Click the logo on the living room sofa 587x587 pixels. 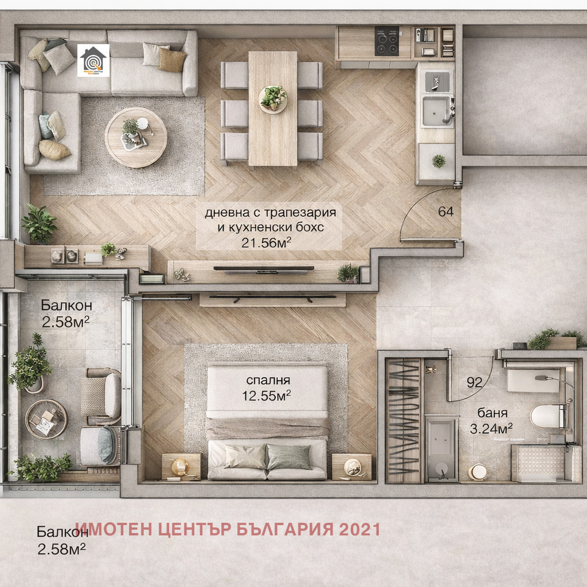click(x=93, y=60)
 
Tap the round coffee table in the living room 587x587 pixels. click(x=136, y=137)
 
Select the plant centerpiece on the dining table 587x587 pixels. click(x=273, y=98)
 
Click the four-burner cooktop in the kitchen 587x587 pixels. click(x=387, y=41)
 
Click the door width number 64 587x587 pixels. click(x=445, y=212)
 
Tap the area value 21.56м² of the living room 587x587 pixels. click(x=266, y=242)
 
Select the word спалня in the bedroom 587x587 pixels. click(x=268, y=380)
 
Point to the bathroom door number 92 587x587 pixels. click(x=474, y=383)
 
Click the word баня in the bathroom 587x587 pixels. click(x=493, y=413)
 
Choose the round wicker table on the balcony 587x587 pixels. click(x=46, y=419)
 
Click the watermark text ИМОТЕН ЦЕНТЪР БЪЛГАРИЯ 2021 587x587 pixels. click(x=228, y=529)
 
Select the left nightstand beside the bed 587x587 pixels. click(x=181, y=466)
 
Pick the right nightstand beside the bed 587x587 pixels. click(x=351, y=466)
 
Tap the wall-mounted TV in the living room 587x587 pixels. click(x=264, y=268)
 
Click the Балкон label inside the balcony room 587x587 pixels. click(x=66, y=306)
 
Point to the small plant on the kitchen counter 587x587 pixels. click(x=439, y=161)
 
